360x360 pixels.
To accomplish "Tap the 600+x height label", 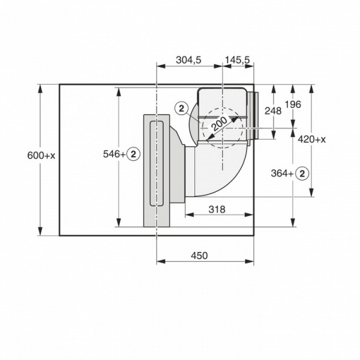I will tap(41, 155).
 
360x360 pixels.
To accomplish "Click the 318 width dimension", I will tap(217, 209).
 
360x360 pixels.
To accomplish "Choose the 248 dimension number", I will tap(273, 110).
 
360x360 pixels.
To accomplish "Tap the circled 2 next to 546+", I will tap(134, 154).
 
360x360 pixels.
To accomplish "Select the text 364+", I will tap(283, 173).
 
